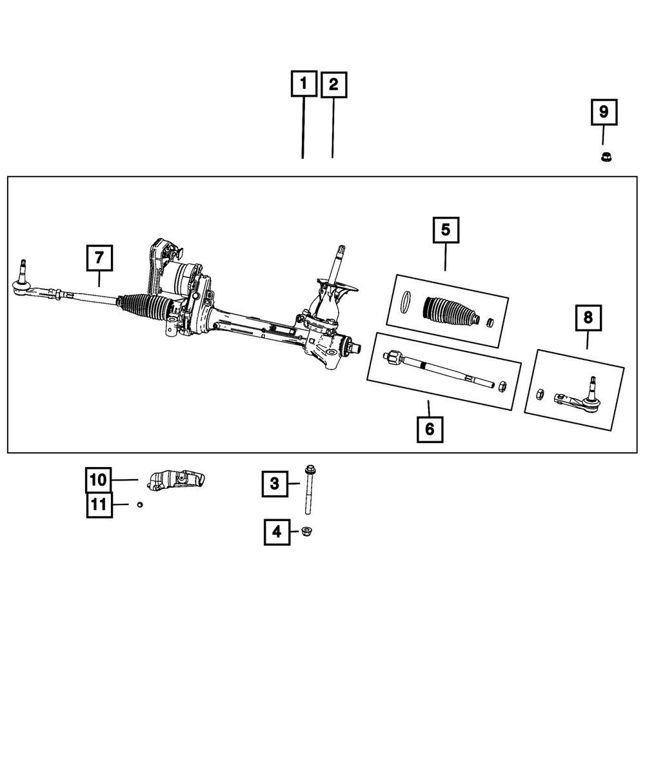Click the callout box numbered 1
click(303, 85)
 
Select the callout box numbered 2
click(333, 85)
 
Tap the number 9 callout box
click(604, 112)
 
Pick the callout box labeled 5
click(446, 230)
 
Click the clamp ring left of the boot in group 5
click(406, 301)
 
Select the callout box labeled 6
click(430, 428)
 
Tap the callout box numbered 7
click(99, 259)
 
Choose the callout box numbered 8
click(588, 318)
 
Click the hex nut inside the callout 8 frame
click(542, 393)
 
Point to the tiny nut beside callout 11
click(139, 504)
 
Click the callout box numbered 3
click(275, 483)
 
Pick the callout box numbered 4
click(276, 532)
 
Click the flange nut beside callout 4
click(307, 532)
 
